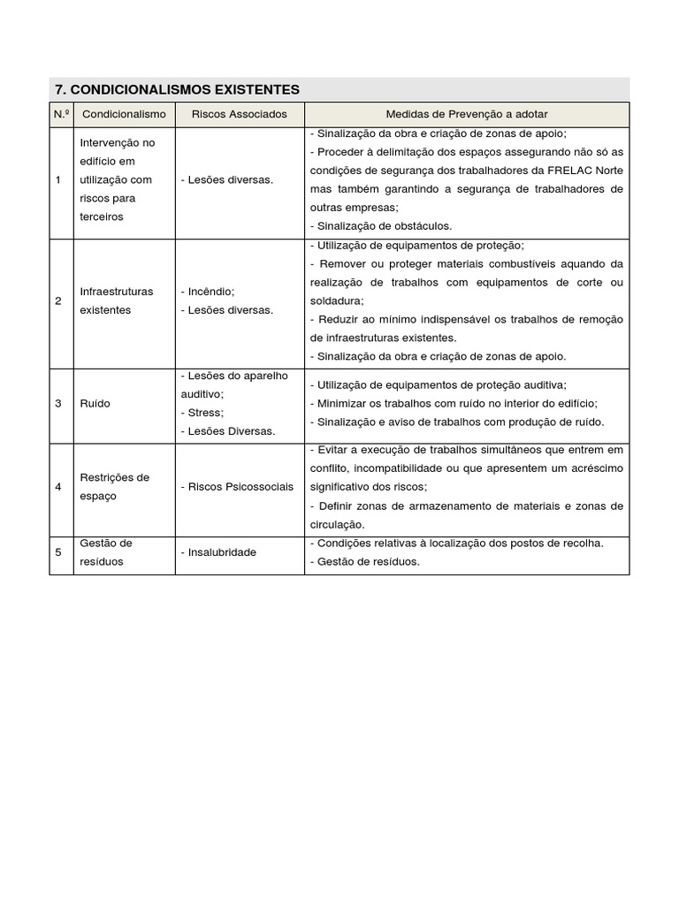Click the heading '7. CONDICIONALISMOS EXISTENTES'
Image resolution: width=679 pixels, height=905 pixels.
[177, 89]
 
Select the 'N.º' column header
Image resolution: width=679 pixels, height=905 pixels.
[61, 114]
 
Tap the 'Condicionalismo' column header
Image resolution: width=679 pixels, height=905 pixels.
[124, 114]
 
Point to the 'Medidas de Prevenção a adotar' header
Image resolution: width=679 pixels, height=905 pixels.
[466, 114]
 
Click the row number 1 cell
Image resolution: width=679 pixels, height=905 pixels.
[58, 179]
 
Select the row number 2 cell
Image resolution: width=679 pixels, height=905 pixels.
[58, 300]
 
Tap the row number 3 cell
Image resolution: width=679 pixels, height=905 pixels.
[58, 403]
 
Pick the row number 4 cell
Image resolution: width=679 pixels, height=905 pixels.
[58, 487]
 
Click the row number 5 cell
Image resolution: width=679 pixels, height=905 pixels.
[58, 552]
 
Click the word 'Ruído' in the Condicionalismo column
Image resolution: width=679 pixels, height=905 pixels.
[95, 403]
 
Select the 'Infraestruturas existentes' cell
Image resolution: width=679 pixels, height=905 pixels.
[116, 300]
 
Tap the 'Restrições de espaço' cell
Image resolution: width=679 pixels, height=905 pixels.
[114, 487]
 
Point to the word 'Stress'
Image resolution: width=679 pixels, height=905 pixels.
[205, 413]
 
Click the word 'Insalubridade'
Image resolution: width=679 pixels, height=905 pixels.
[221, 552]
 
